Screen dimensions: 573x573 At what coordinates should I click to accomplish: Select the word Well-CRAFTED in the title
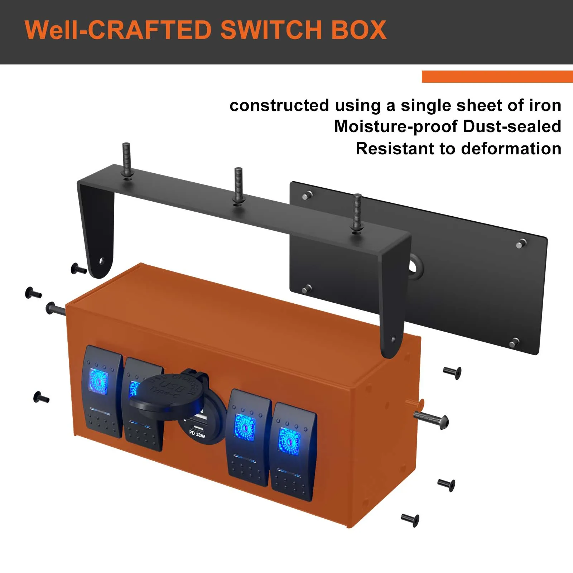[119, 30]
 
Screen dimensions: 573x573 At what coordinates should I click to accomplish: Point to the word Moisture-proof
[396, 126]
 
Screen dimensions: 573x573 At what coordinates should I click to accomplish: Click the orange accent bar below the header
[497, 77]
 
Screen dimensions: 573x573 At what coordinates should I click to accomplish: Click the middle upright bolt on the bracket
[238, 186]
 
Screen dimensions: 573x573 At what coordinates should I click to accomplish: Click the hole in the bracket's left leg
[101, 260]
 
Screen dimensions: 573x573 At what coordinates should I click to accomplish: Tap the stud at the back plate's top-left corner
[307, 196]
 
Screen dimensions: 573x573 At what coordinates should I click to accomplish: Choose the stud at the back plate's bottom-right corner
[514, 342]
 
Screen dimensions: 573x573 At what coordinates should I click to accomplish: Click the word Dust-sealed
[512, 126]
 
